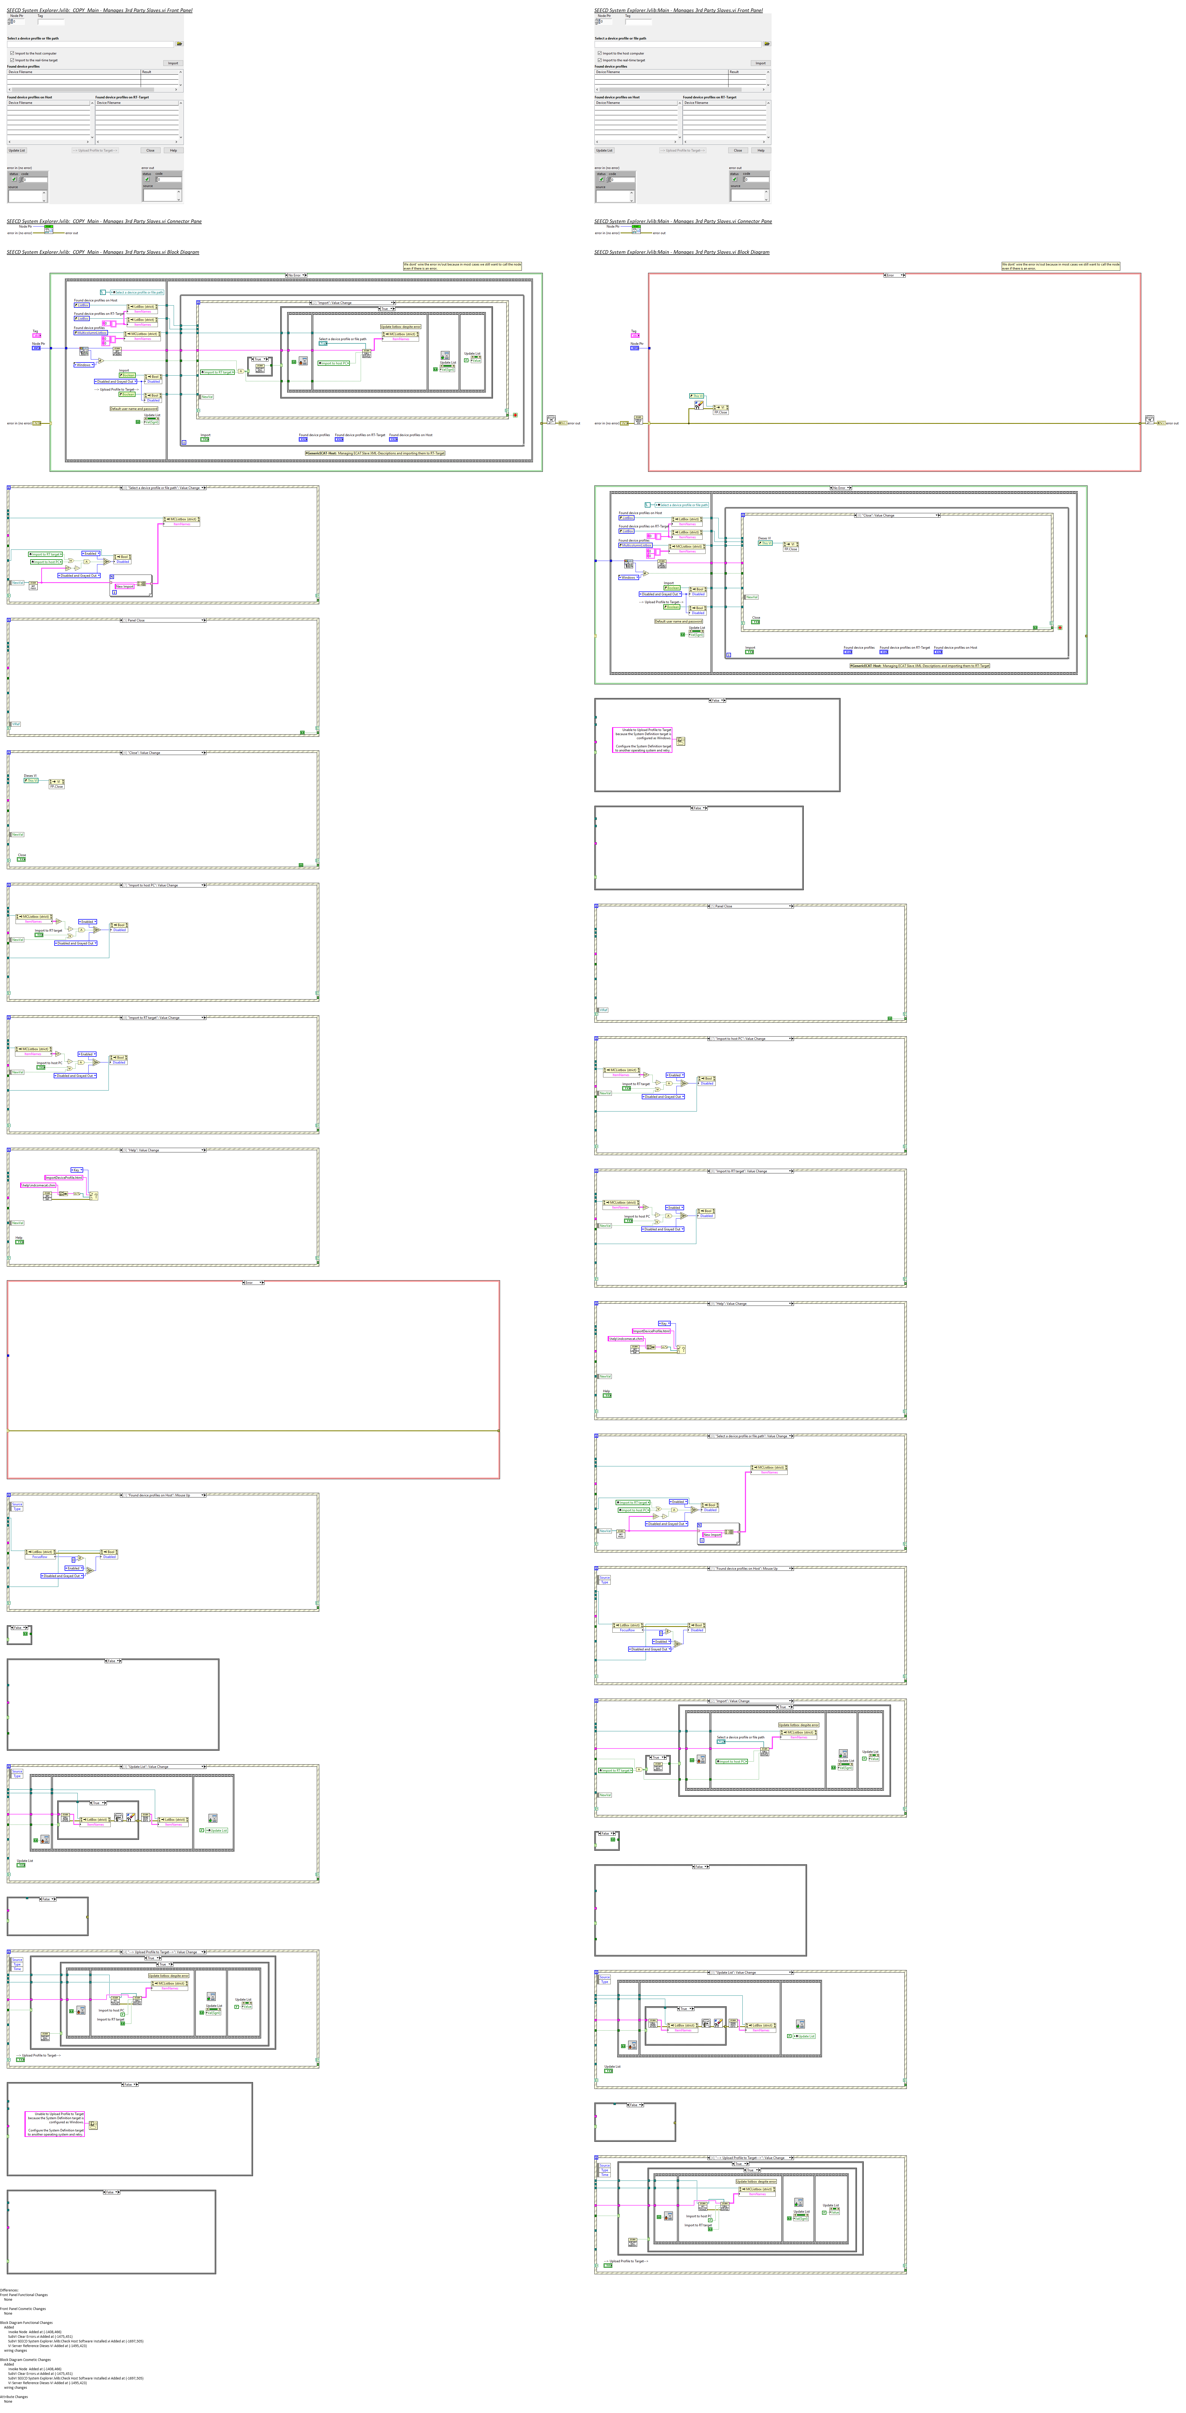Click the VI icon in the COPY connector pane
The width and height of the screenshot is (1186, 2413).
click(49, 229)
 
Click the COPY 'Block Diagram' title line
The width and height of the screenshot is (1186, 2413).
click(103, 252)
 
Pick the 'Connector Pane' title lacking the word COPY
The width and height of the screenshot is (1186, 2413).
click(683, 221)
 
